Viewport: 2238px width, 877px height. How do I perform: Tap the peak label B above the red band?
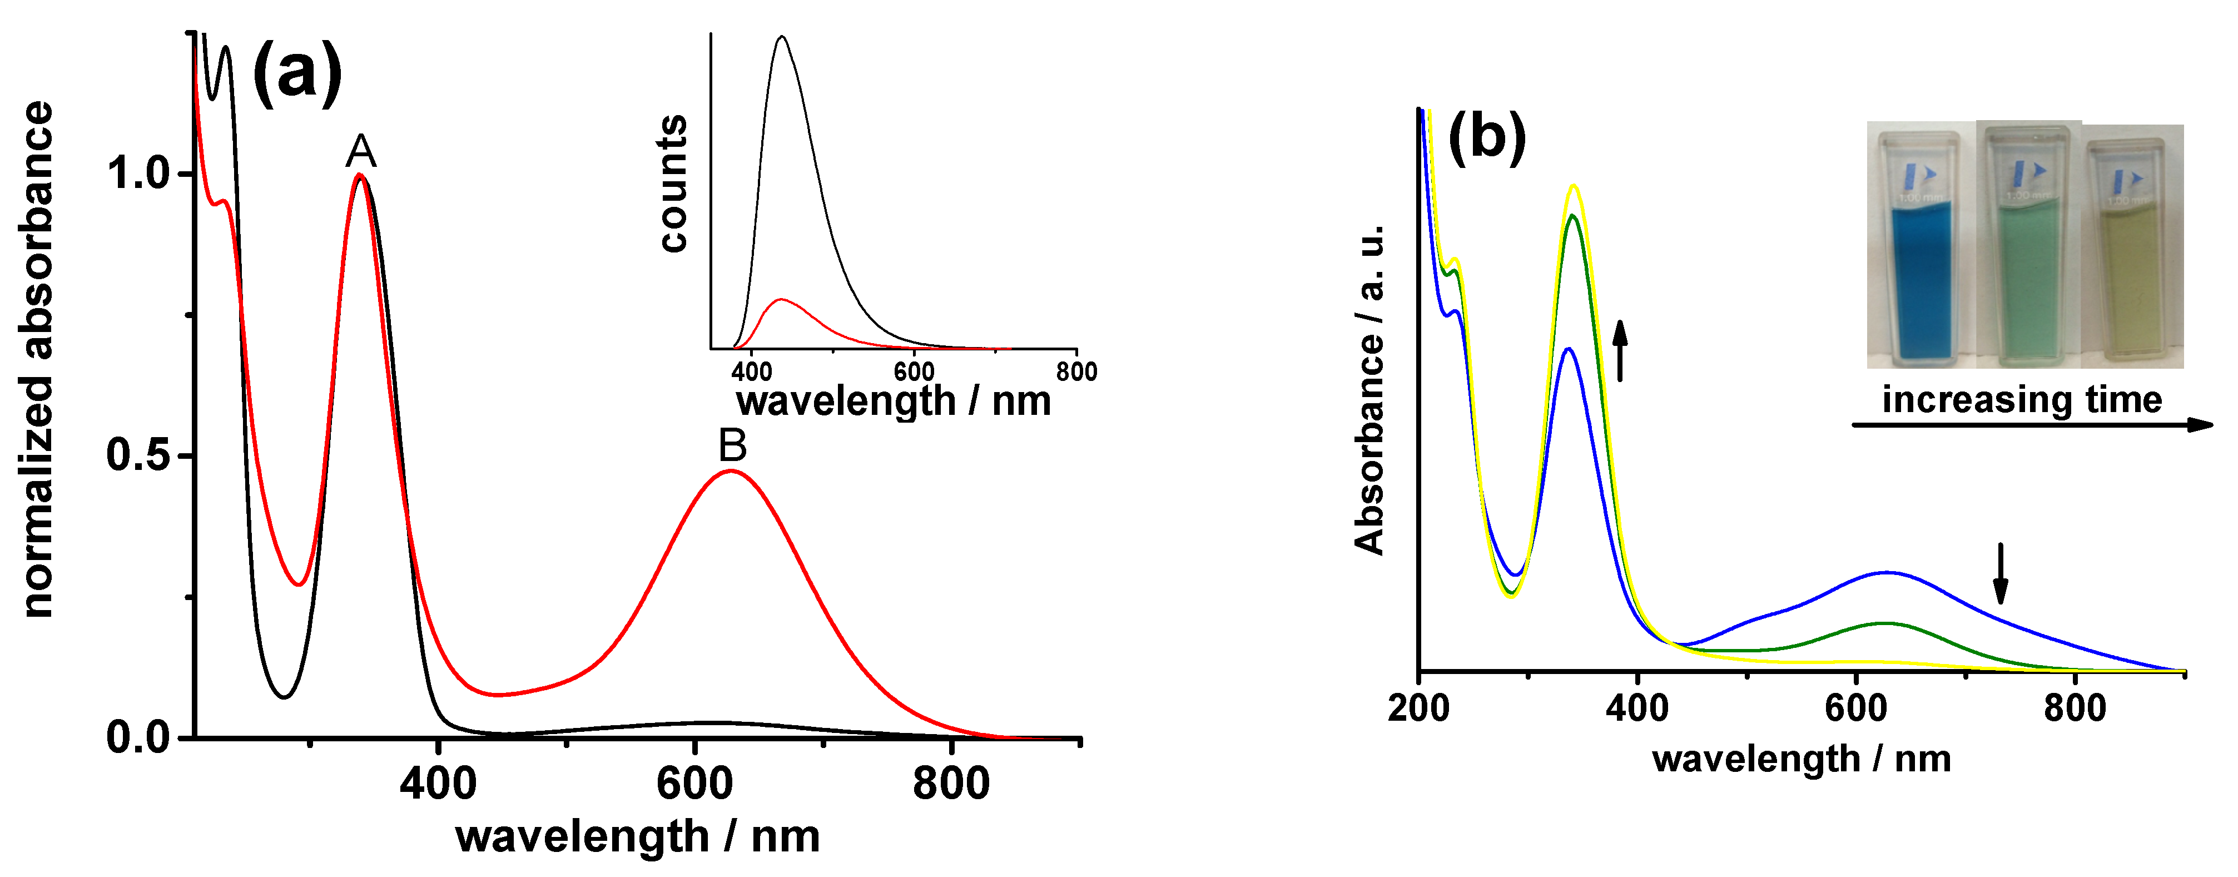click(732, 446)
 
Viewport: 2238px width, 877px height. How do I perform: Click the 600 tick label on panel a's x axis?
click(694, 784)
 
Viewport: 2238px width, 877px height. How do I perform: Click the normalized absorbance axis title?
click(38, 359)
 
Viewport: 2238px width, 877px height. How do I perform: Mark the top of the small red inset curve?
click(781, 299)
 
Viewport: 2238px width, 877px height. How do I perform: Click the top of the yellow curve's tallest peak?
click(1572, 185)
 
